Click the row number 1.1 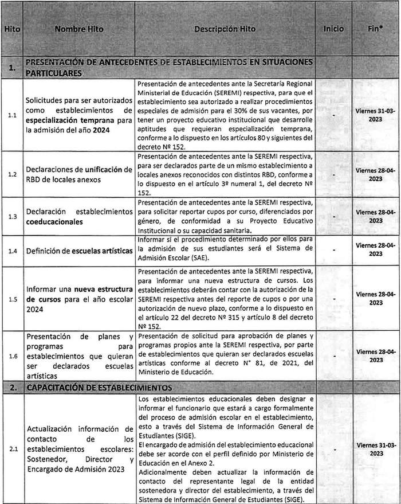[x=11, y=115]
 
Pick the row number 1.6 [x=11, y=356]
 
